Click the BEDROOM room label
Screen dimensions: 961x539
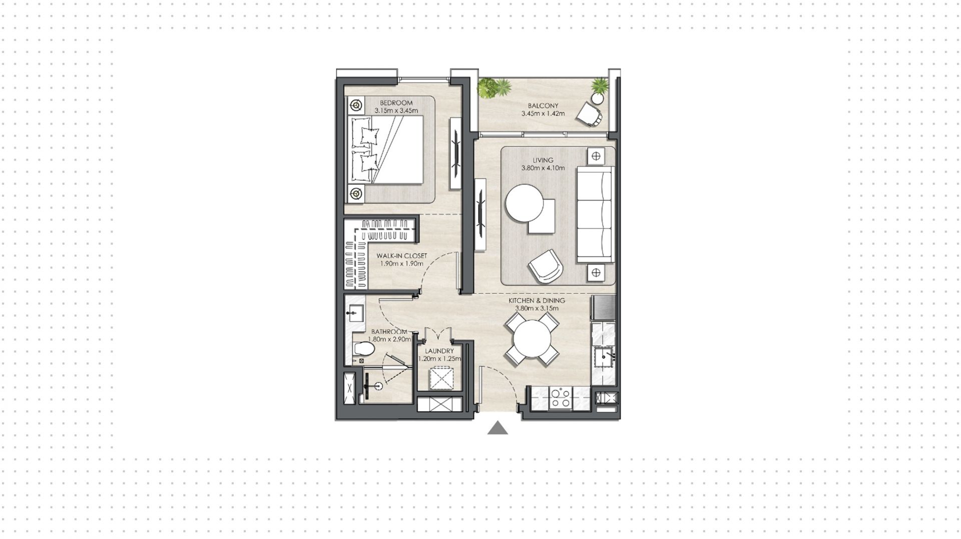tap(396, 103)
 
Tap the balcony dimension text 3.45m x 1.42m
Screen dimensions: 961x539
tap(543, 113)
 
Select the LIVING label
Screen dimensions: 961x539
tap(543, 160)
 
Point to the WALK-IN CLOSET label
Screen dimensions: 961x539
tap(402, 256)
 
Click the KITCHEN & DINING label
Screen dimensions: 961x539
tap(537, 300)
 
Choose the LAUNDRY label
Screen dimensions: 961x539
tap(439, 351)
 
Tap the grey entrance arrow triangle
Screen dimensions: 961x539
tap(498, 428)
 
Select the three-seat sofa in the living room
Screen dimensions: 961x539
tap(595, 214)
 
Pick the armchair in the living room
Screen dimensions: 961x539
tap(546, 265)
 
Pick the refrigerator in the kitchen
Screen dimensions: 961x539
tap(603, 307)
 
